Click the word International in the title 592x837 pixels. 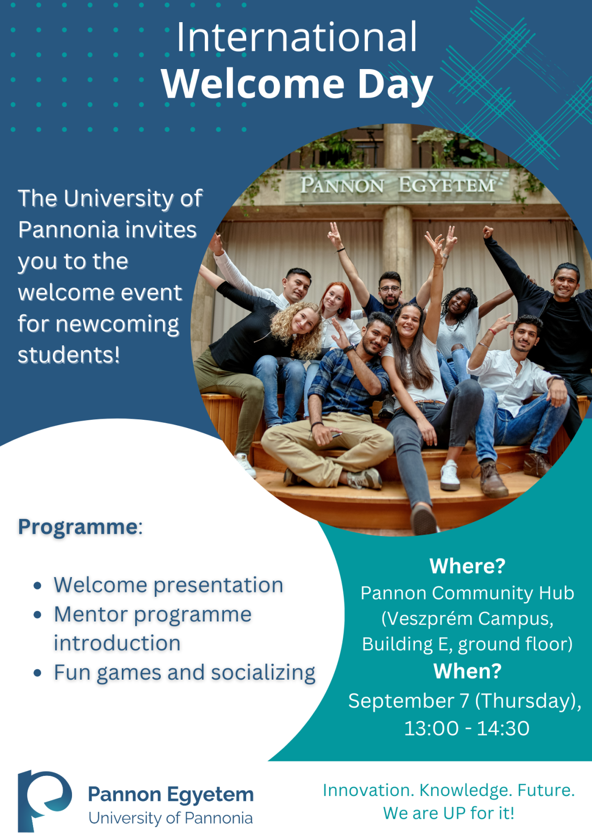297,37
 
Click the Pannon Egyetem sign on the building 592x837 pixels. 398,186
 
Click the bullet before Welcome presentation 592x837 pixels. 37,586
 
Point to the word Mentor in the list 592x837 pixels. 91,615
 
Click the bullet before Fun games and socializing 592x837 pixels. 37,673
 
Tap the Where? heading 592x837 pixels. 467,566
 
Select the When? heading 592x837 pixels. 467,671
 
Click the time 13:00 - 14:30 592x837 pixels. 467,728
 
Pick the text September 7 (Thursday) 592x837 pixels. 464,701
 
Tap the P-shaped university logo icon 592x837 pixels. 43,799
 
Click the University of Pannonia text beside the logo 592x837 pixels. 170,818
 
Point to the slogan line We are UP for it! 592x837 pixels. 448,813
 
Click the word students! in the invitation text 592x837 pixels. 69,355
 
